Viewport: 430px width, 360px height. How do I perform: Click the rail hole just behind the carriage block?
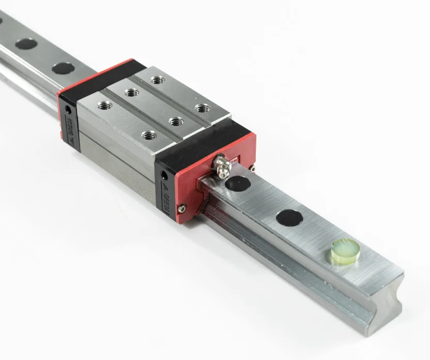[63, 68]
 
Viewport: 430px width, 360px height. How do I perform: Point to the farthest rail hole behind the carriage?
[26, 44]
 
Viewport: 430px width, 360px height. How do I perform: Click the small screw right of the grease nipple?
[251, 167]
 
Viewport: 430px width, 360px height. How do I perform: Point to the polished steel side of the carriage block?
[119, 155]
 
